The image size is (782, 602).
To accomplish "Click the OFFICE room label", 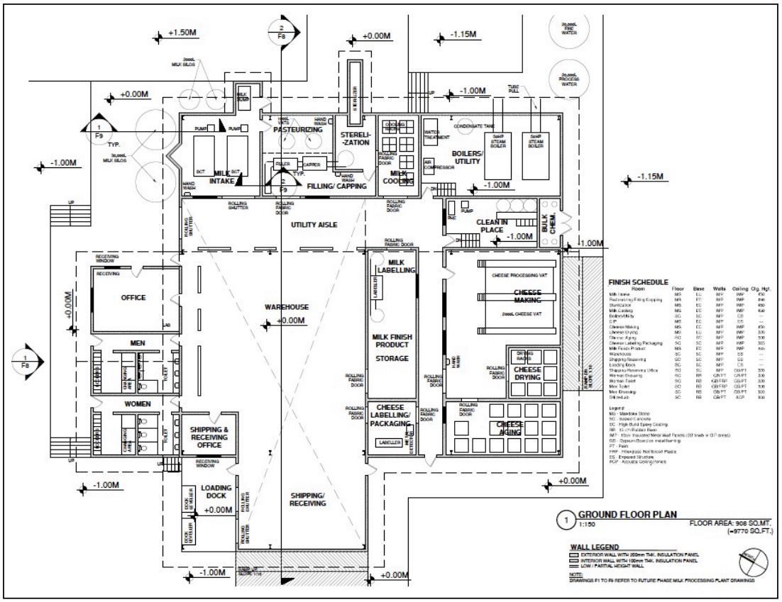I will click(x=133, y=298).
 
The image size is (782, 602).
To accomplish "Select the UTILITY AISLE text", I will click(x=313, y=225).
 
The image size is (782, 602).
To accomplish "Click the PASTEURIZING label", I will click(x=297, y=130).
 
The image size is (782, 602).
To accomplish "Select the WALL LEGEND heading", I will click(x=600, y=547).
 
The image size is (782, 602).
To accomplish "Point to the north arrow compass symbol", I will click(x=746, y=565).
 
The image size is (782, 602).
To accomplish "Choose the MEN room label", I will click(x=137, y=343).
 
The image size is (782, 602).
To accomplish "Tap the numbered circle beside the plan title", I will click(x=566, y=520).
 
